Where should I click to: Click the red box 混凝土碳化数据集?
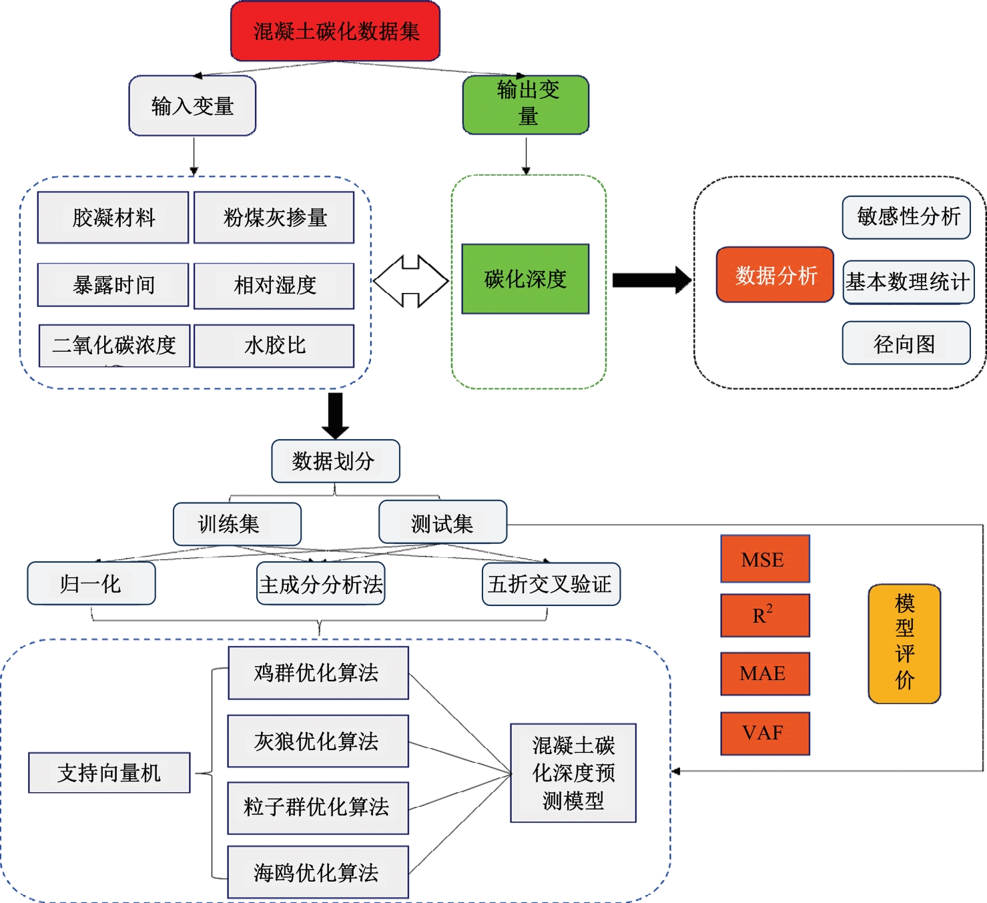(335, 31)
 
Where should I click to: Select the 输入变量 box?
(192, 105)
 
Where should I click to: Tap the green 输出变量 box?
(526, 105)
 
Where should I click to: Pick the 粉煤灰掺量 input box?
(274, 218)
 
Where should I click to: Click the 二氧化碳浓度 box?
(114, 345)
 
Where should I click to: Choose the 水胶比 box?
(274, 345)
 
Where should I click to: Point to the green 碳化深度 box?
(525, 279)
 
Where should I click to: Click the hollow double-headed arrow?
(410, 281)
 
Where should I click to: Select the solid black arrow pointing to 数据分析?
(651, 280)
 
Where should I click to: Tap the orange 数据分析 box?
(775, 275)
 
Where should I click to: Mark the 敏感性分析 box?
(906, 217)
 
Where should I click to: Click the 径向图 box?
(906, 343)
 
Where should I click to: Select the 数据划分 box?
(335, 461)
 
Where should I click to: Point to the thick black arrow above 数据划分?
(335, 414)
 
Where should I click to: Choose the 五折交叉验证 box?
(551, 584)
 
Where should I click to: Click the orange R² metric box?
(765, 615)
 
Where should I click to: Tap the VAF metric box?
(765, 733)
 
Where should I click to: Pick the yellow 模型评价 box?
(904, 643)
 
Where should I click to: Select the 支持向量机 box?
(109, 773)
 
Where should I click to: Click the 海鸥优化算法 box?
(318, 872)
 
